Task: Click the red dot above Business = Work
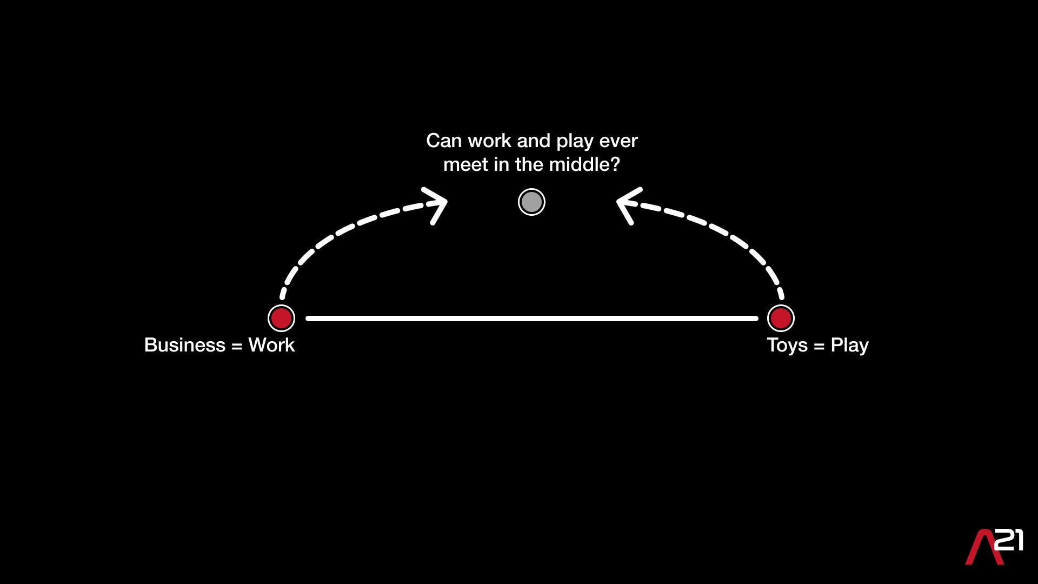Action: point(281,318)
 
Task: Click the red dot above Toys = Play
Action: point(781,318)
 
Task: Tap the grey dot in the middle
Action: point(531,202)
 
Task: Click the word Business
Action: point(184,345)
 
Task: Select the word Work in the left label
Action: point(271,345)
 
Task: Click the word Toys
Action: point(787,346)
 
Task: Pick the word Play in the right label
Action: point(849,346)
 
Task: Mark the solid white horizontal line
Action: point(532,318)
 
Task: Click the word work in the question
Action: point(489,141)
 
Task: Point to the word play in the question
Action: point(575,142)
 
